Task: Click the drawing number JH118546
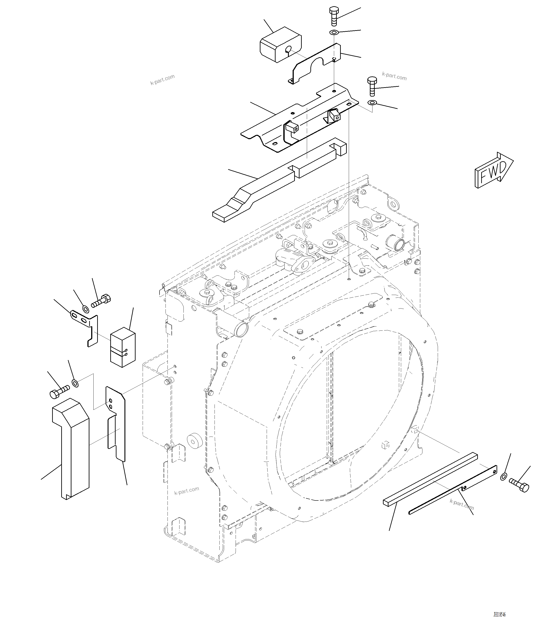pos(499,615)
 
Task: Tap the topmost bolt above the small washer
pos(333,16)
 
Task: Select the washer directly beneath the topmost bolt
pos(334,32)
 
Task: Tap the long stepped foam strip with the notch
pos(273,182)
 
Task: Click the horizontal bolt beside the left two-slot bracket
pos(101,301)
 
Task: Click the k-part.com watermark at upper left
pos(162,79)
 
